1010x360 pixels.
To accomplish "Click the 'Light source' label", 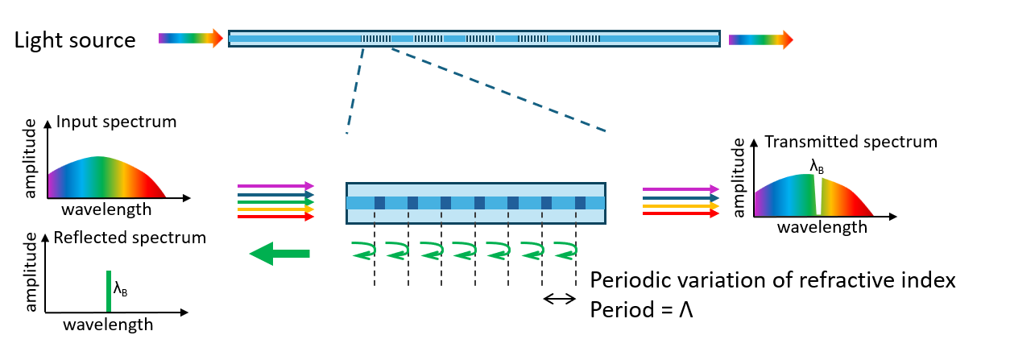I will pyautogui.click(x=74, y=39).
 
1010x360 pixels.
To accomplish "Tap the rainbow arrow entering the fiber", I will pyautogui.click(x=190, y=39).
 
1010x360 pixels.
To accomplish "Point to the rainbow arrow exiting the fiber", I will pyautogui.click(x=760, y=39).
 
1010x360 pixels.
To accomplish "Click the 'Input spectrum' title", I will pyautogui.click(x=116, y=123).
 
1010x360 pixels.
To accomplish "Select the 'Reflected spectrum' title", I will pyautogui.click(x=129, y=238).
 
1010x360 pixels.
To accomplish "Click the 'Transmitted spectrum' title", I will pyautogui.click(x=851, y=142).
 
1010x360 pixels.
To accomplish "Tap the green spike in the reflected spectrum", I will pyautogui.click(x=107, y=291).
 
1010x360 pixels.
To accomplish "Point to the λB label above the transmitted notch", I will pyautogui.click(x=818, y=168).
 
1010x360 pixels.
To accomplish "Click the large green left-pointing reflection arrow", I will pyautogui.click(x=279, y=254).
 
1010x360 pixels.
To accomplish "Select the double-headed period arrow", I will pyautogui.click(x=559, y=299).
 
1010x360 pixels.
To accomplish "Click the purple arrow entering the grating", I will pyautogui.click(x=275, y=186).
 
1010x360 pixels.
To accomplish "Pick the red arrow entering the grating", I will pyautogui.click(x=275, y=217).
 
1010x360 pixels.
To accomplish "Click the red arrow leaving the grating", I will pyautogui.click(x=680, y=214).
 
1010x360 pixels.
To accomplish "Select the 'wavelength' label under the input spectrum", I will pyautogui.click(x=106, y=209).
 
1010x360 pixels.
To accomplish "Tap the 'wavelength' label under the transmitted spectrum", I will pyautogui.click(x=822, y=227).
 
